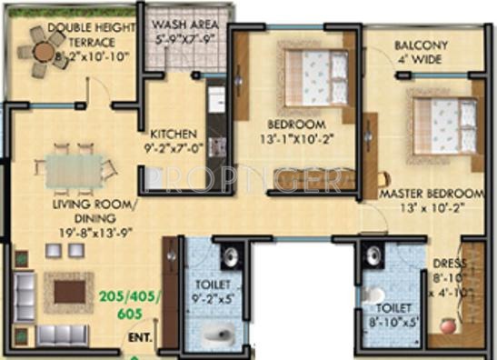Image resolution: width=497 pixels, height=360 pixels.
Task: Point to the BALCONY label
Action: [423, 46]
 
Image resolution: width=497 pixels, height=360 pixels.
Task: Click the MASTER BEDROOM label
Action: [430, 194]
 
